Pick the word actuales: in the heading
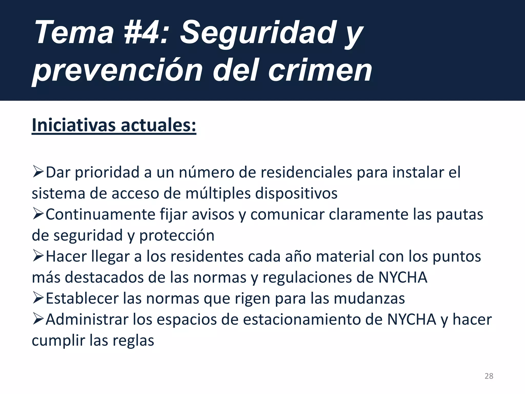click(158, 125)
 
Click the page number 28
click(489, 376)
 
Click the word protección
click(177, 235)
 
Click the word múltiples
click(218, 193)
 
